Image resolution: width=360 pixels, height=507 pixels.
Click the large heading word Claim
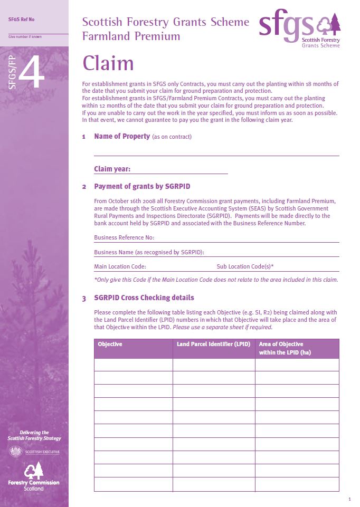point(108,64)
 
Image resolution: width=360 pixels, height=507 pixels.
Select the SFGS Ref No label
point(22,20)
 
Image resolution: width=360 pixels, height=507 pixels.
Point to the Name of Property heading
point(122,137)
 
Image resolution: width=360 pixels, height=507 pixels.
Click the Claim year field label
point(112,169)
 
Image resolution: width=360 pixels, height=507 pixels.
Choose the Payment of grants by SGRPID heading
point(142,187)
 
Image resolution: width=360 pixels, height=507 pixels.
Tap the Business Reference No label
point(124,238)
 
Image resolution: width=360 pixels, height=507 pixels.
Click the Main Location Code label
point(120,266)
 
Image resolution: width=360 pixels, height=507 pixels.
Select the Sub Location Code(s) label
point(245,266)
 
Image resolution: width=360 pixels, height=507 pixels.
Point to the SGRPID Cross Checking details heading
point(144,298)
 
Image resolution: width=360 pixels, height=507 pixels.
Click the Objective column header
point(110,345)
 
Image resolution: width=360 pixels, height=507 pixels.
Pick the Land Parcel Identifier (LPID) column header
point(213,345)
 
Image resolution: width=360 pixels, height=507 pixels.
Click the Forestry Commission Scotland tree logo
point(34,470)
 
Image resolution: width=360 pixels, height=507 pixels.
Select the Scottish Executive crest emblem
point(16,452)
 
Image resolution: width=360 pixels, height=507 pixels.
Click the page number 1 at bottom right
point(349,499)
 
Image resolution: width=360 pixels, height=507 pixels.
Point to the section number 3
point(84,299)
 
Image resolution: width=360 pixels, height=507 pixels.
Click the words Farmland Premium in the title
point(131,36)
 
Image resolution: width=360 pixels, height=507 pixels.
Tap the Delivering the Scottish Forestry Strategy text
point(34,435)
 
